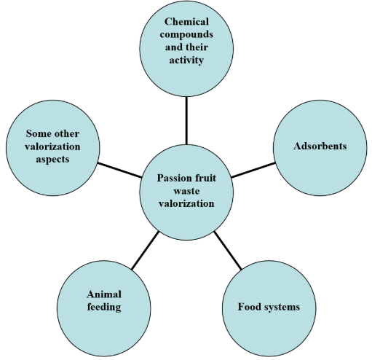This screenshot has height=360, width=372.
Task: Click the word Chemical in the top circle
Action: coord(186,22)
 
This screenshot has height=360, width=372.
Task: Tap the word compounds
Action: coord(186,35)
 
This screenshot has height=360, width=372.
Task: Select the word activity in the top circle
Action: coord(186,60)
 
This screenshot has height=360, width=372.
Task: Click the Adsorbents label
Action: coord(320,146)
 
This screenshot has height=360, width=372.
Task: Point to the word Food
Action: coord(250,307)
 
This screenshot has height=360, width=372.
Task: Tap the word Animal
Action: coord(104,294)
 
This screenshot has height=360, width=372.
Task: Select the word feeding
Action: coord(104,308)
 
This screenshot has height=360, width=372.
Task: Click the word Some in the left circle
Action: coord(39,133)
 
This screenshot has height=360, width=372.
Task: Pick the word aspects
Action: coord(52,160)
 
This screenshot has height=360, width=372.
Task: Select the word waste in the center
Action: coord(186,191)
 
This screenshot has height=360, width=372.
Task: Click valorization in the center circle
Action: coord(186,203)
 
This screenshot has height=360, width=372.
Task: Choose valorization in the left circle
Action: coord(52,146)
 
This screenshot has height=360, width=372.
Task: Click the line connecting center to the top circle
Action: coord(186,121)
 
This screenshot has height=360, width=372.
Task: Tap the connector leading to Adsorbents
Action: coord(253,170)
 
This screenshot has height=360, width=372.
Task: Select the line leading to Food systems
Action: coord(228,251)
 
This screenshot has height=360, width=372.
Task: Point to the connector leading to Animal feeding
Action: coord(145,250)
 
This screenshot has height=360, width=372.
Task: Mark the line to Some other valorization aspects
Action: coord(120,170)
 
